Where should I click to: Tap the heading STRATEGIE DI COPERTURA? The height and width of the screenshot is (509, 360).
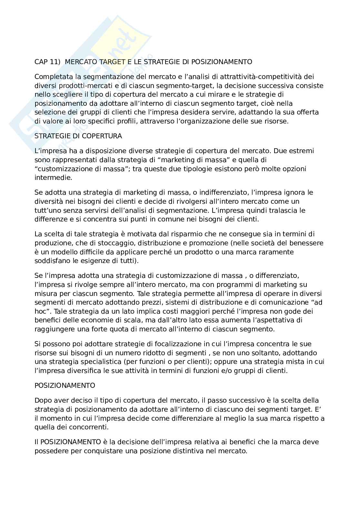pos(78,136)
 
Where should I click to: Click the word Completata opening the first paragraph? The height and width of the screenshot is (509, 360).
pos(53,77)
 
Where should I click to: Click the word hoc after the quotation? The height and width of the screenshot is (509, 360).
pos(41,312)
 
